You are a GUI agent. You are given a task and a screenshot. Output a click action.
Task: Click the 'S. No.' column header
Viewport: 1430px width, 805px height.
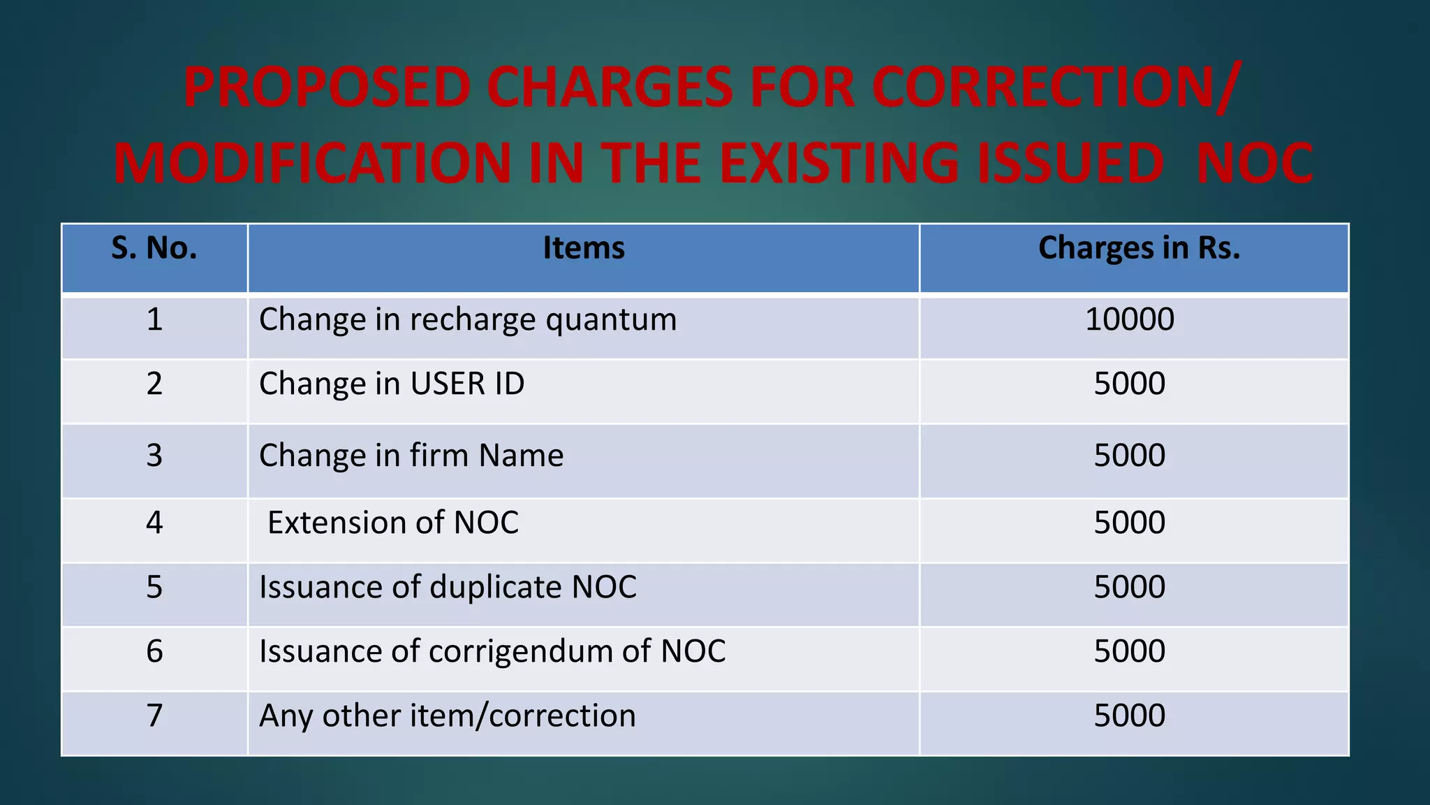(154, 248)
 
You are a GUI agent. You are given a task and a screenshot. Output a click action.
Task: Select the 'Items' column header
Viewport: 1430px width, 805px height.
(584, 248)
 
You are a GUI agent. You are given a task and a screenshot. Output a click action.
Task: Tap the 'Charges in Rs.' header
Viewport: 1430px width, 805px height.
(1139, 248)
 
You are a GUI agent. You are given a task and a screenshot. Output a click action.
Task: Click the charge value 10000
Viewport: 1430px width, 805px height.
(1129, 319)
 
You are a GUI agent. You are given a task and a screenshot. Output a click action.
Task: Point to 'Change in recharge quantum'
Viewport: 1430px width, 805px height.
(468, 320)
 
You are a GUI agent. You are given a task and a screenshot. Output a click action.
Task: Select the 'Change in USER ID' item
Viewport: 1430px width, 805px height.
(392, 384)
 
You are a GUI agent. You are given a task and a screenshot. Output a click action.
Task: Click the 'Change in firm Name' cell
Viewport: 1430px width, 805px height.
(411, 456)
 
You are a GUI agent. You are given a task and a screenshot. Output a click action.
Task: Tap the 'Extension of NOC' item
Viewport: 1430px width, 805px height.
(393, 523)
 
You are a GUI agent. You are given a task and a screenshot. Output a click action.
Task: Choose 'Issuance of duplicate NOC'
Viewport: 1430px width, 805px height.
(448, 587)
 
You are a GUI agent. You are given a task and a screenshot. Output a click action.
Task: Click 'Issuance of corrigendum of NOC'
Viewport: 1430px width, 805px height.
(492, 651)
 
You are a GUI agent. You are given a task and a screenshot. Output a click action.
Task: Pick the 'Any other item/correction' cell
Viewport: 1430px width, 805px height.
(448, 716)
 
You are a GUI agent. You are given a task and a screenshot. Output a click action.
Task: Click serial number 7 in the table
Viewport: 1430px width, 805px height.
(154, 716)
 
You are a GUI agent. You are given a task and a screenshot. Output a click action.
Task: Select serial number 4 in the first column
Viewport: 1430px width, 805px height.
(154, 523)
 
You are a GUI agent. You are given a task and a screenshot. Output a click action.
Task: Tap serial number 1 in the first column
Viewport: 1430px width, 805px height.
(154, 319)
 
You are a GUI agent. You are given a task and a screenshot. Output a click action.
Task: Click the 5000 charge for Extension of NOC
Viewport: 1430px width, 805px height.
(1129, 523)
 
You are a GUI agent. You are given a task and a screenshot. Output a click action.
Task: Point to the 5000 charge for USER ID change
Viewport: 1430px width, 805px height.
(1129, 384)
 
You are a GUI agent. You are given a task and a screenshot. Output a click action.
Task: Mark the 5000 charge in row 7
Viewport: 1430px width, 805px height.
(1129, 716)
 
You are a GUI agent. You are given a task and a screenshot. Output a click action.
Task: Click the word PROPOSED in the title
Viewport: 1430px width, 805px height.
(327, 88)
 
